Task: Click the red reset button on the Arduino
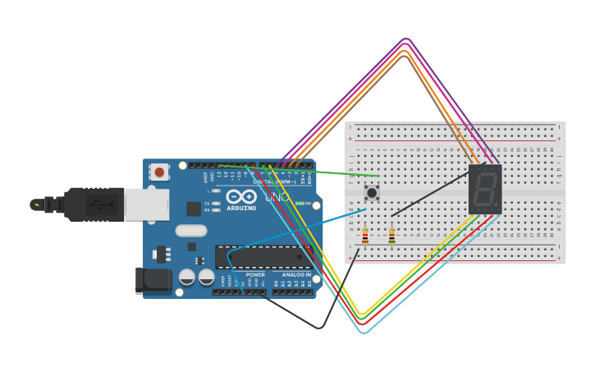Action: click(159, 172)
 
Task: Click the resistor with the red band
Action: click(365, 237)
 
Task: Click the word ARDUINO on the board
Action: click(241, 208)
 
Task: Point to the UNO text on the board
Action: click(277, 197)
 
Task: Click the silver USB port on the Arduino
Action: click(146, 204)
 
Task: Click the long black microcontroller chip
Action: click(263, 257)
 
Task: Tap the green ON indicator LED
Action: click(300, 204)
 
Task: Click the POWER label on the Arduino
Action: click(255, 275)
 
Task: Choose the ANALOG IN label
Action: click(296, 275)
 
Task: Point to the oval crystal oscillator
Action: click(190, 231)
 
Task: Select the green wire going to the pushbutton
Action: click(328, 171)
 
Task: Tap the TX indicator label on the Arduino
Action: click(208, 203)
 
